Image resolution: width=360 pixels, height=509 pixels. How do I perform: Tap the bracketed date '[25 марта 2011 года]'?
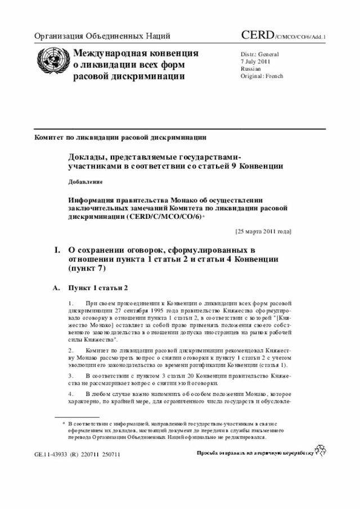point(263,231)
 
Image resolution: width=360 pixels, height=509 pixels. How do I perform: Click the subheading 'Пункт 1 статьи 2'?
point(98,288)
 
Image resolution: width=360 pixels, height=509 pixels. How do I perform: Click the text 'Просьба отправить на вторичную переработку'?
point(255,453)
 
